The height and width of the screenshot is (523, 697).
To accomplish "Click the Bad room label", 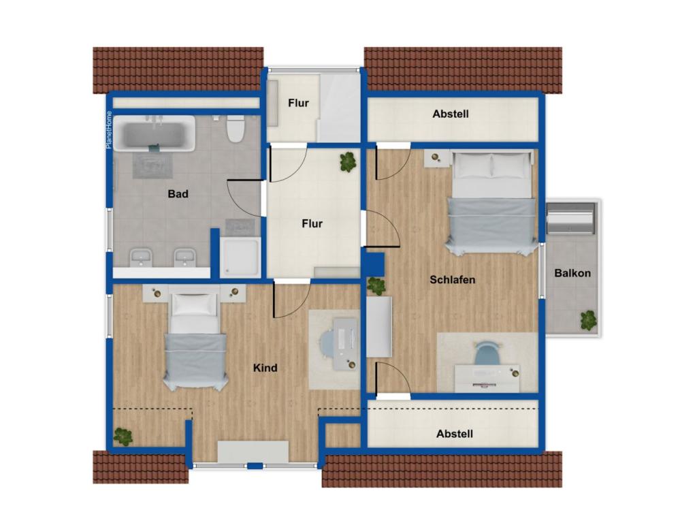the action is (x=178, y=194).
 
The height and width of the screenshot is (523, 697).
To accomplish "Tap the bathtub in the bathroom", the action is (x=155, y=133).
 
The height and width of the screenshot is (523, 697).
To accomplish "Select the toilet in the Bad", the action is (x=235, y=128).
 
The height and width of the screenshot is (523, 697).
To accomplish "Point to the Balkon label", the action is (x=572, y=273).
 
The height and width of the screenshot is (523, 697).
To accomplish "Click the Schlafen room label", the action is (x=452, y=280).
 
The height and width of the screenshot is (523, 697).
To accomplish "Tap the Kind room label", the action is (x=265, y=368).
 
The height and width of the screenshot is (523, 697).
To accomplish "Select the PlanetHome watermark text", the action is (x=109, y=129).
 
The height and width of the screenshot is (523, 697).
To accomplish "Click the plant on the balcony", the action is (x=588, y=320).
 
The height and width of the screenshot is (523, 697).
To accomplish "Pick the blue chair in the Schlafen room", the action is (x=487, y=353).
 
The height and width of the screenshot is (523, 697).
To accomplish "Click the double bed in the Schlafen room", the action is (x=491, y=202).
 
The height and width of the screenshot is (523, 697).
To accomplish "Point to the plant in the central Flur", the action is (x=348, y=162).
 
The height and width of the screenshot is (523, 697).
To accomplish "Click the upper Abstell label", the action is (x=451, y=114).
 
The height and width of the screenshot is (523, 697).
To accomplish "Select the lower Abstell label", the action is (x=454, y=434).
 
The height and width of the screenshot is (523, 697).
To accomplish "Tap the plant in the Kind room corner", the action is (x=123, y=437).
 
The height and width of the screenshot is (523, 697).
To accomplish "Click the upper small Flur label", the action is (x=298, y=104).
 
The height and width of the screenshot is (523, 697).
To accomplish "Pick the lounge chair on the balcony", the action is (x=570, y=219).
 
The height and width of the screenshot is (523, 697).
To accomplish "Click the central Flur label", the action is (x=312, y=223).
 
